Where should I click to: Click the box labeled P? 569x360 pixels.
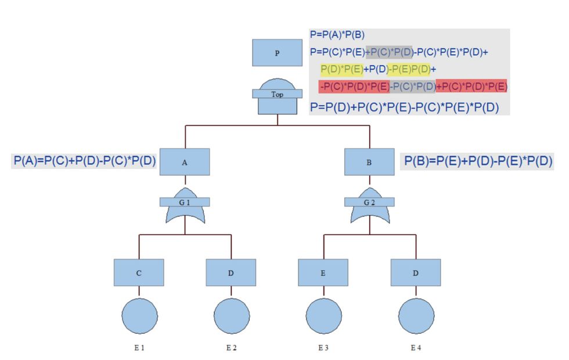click(x=277, y=53)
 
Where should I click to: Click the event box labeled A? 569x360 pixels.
click(x=185, y=162)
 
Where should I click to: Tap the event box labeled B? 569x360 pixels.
click(x=369, y=162)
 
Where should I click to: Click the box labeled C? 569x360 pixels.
click(x=139, y=272)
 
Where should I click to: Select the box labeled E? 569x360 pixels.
click(x=323, y=272)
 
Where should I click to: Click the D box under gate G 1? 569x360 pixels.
click(x=231, y=272)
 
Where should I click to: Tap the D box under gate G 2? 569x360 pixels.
click(x=415, y=272)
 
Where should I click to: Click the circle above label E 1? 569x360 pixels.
click(x=139, y=315)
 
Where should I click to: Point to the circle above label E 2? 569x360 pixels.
click(x=232, y=315)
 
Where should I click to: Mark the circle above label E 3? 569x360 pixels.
click(x=323, y=315)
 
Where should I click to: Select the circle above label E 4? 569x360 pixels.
click(x=416, y=315)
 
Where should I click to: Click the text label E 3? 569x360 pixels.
click(x=323, y=348)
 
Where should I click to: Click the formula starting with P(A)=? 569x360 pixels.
click(x=85, y=161)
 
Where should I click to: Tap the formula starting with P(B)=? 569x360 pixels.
click(x=478, y=161)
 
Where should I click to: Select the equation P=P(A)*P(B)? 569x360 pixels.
click(x=337, y=35)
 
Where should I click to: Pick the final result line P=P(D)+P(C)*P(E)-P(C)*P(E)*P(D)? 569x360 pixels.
click(x=405, y=107)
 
